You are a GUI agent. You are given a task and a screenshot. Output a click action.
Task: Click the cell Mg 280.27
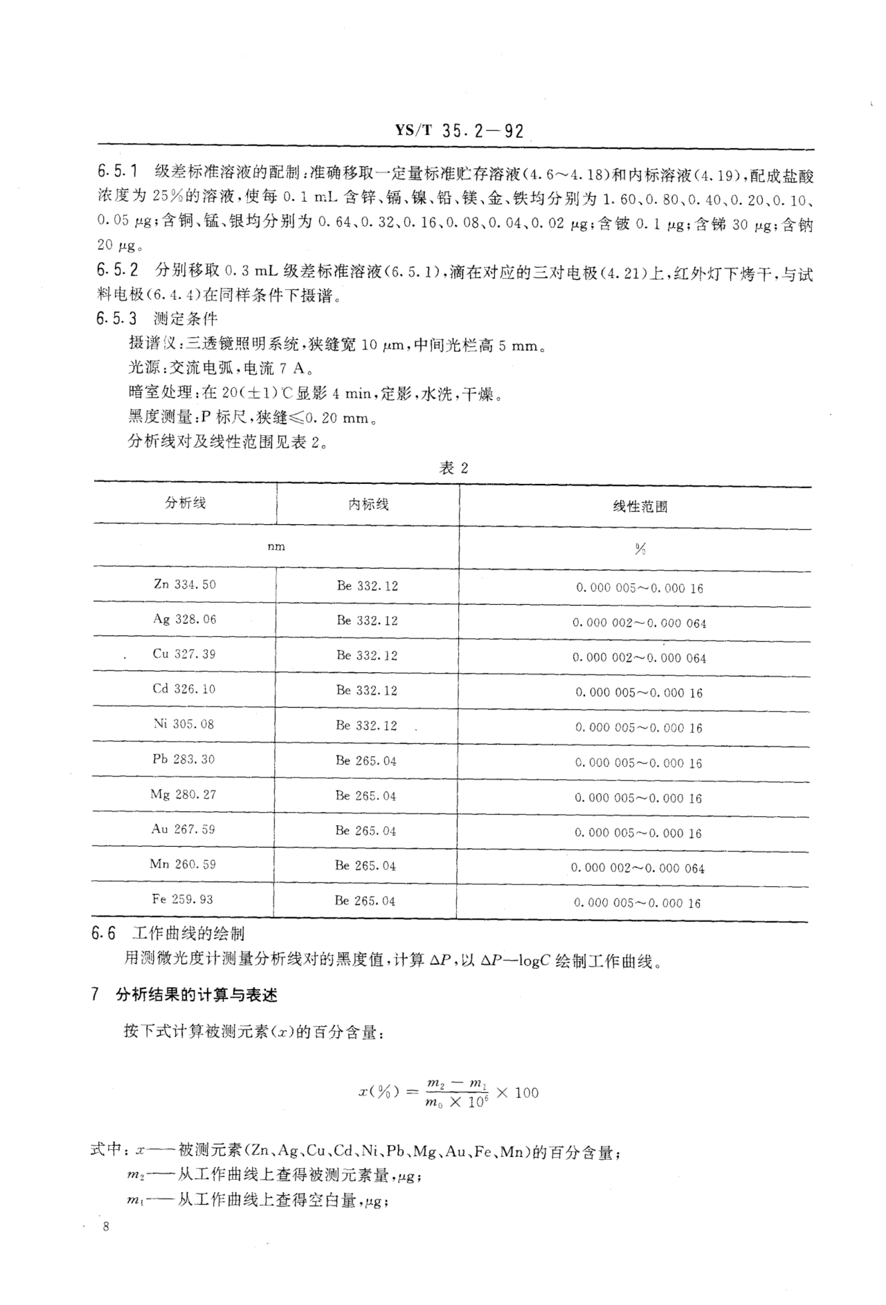pyautogui.click(x=183, y=795)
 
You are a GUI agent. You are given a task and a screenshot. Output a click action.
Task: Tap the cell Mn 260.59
pyautogui.click(x=182, y=864)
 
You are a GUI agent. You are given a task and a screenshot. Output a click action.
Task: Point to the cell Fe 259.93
pyautogui.click(x=182, y=899)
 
